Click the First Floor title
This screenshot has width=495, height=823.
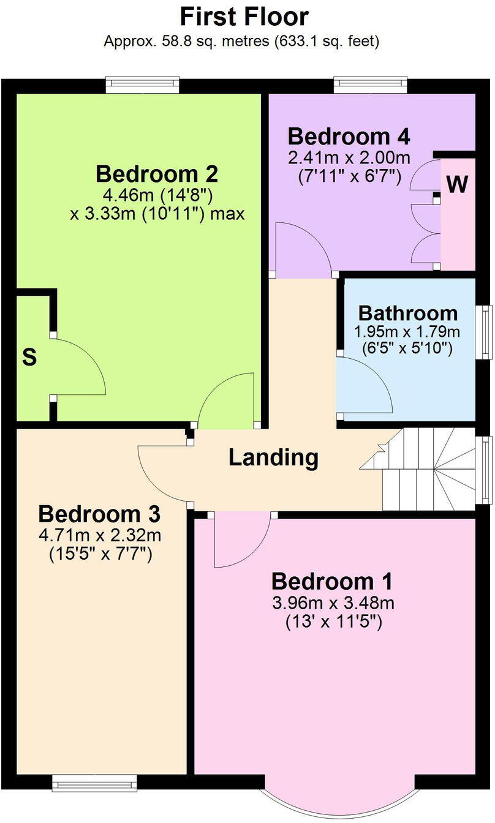[x=244, y=17]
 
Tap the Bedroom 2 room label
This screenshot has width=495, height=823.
[x=157, y=175]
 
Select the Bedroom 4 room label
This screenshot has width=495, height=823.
[x=349, y=135]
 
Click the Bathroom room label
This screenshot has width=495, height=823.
[x=407, y=313]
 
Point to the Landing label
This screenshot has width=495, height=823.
[x=274, y=457]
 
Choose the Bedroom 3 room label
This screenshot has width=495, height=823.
[x=99, y=513]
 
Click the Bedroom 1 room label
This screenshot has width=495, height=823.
[x=333, y=581]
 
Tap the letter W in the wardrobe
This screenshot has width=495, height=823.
[x=457, y=184]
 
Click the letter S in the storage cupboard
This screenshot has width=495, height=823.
[x=29, y=358]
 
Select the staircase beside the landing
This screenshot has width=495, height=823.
[x=429, y=469]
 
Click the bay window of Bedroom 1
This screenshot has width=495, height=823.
[x=339, y=799]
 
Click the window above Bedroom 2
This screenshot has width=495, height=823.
[x=142, y=85]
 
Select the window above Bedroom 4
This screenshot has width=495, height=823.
[x=370, y=85]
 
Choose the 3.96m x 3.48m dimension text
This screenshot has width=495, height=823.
[x=333, y=603]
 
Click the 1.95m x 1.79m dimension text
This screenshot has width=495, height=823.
[x=406, y=333]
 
